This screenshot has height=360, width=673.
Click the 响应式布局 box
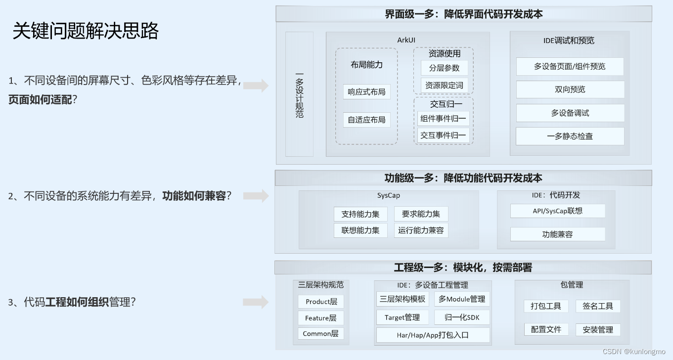tap(366, 91)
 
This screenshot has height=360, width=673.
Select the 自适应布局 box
tap(366, 120)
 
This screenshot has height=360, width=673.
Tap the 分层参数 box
tap(444, 68)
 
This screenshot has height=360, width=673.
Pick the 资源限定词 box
tap(444, 85)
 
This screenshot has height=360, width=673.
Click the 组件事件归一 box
tap(443, 118)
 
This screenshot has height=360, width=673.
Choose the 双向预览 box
tap(570, 90)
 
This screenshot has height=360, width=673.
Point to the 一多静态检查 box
tap(570, 136)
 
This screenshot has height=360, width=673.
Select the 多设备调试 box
tap(570, 113)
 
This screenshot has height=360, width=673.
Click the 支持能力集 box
tap(360, 214)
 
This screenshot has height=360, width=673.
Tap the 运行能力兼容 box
tap(421, 230)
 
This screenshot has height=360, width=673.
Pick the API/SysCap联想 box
tap(557, 211)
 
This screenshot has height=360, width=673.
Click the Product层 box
tap(321, 302)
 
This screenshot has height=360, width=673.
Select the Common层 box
tap(320, 334)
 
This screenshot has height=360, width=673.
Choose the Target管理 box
tap(402, 317)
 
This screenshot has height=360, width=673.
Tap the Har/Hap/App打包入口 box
tap(433, 335)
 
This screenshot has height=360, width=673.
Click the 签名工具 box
tap(597, 306)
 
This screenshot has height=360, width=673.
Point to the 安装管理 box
tap(597, 330)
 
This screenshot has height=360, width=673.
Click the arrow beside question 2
tap(256, 196)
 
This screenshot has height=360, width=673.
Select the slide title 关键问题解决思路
tap(86, 31)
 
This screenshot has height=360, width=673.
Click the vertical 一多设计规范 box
tap(299, 94)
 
